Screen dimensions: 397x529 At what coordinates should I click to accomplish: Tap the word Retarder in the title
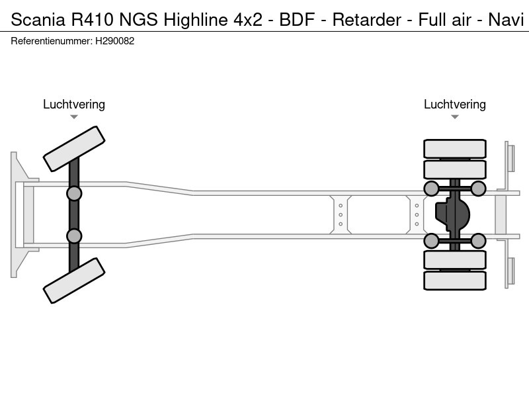[x=366, y=19]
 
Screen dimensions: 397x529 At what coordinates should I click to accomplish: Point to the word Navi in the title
[x=506, y=19]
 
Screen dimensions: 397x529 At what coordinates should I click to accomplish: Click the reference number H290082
[x=115, y=41]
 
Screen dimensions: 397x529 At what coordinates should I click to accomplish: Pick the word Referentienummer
[x=50, y=41]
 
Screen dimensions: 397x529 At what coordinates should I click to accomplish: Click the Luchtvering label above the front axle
[x=74, y=104]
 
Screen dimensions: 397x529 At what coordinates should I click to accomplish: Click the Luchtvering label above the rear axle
[x=455, y=104]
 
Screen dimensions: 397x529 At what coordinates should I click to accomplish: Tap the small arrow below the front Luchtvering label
[x=74, y=117]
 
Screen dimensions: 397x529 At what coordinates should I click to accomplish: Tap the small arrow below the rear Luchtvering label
[x=455, y=117]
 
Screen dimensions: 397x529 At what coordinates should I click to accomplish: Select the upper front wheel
[x=74, y=149]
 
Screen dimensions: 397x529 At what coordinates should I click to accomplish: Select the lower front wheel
[x=74, y=281]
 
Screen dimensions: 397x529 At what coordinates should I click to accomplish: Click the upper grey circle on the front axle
[x=74, y=193]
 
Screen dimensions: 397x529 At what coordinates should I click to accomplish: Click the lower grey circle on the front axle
[x=74, y=236]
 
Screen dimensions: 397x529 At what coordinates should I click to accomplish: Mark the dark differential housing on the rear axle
[x=453, y=215]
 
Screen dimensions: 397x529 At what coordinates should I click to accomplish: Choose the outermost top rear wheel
[x=455, y=148]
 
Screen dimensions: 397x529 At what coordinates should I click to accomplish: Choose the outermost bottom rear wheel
[x=455, y=281]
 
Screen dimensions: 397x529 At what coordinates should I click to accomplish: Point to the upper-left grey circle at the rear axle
[x=431, y=189]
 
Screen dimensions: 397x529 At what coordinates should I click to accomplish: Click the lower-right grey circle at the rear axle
[x=478, y=241]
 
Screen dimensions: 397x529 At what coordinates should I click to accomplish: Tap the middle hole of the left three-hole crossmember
[x=341, y=214]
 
